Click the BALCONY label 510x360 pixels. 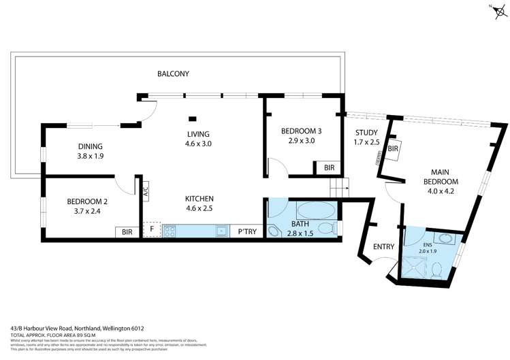pos(173,73)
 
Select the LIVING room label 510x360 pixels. pos(198,134)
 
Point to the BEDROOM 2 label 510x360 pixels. pos(86,201)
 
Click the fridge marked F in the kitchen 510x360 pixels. pos(152,231)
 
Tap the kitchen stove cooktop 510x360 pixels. pos(169,231)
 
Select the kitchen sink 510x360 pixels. pos(221,231)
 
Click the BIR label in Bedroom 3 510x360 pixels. pos(329,167)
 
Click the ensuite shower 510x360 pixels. pos(414,268)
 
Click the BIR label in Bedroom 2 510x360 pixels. pos(127,231)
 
